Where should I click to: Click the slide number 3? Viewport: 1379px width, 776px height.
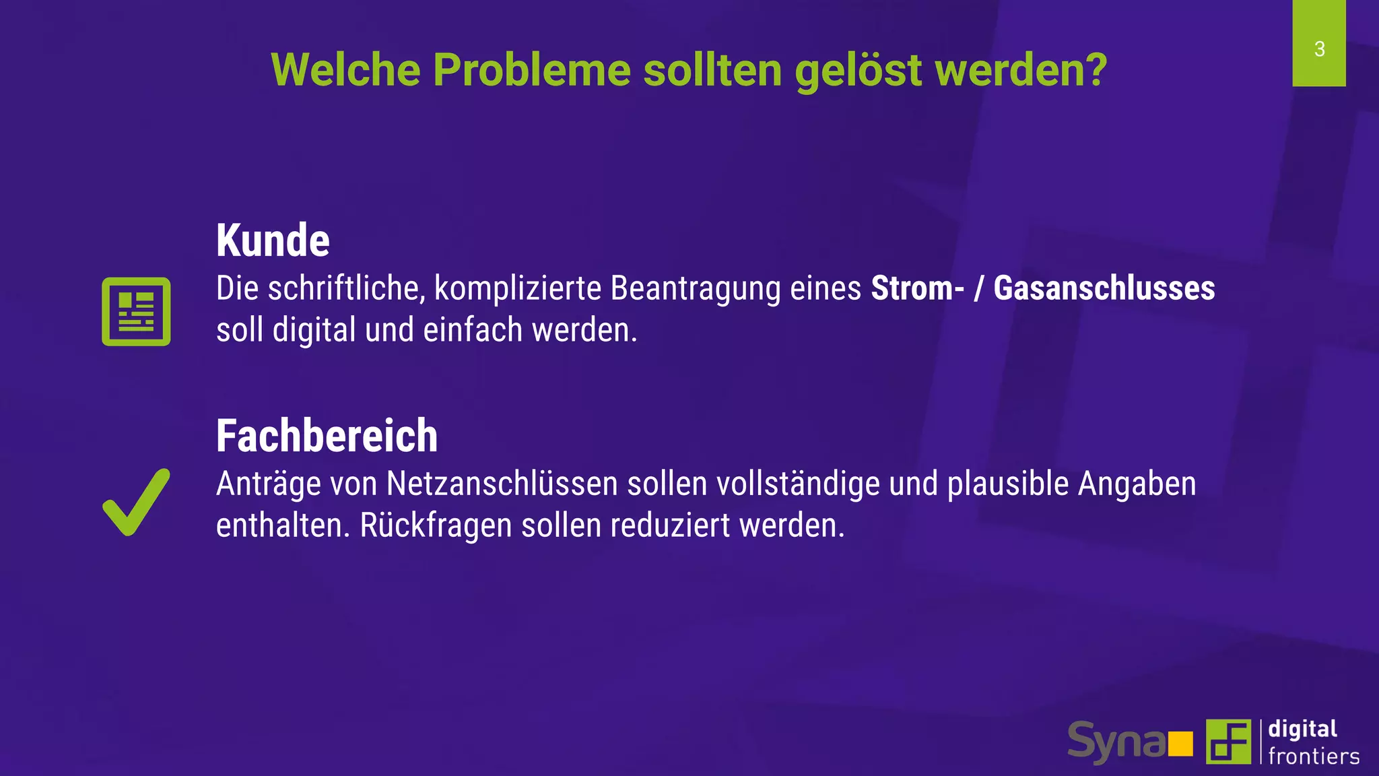[x=1319, y=49]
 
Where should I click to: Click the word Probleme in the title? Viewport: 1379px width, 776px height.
[x=531, y=70]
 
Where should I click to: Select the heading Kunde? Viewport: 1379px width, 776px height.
[x=273, y=240]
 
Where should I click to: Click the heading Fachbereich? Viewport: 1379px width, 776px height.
[x=327, y=436]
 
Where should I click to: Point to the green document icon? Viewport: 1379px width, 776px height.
[x=136, y=311]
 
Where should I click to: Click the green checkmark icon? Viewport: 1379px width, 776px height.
[x=136, y=503]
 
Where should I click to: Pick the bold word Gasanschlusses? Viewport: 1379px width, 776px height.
[x=1104, y=288]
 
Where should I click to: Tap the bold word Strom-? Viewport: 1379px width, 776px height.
[x=917, y=288]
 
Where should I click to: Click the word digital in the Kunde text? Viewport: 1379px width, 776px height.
[x=314, y=331]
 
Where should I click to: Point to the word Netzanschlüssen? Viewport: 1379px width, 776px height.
[x=502, y=484]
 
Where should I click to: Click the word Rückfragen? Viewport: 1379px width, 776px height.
[x=436, y=526]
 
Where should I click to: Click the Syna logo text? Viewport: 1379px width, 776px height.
[x=1116, y=742]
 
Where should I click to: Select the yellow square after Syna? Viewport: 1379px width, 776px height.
[x=1180, y=744]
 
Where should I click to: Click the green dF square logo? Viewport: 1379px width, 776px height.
[x=1227, y=742]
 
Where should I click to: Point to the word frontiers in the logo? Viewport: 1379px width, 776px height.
[x=1313, y=756]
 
